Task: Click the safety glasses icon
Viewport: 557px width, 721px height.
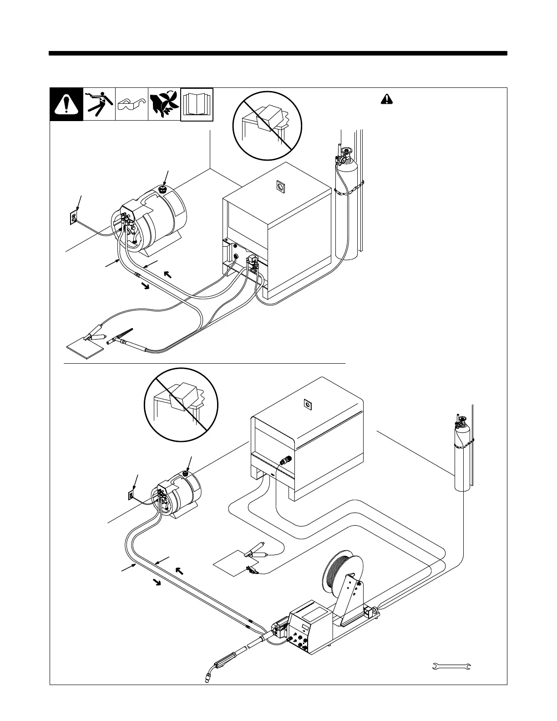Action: pyautogui.click(x=132, y=105)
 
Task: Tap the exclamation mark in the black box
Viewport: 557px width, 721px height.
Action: pyautogui.click(x=66, y=105)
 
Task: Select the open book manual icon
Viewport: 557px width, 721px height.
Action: pyautogui.click(x=197, y=105)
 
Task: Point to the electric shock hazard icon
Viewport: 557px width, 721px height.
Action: pyautogui.click(x=99, y=104)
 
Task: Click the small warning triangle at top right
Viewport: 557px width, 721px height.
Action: pyautogui.click(x=385, y=99)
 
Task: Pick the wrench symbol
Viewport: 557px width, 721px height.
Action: pyautogui.click(x=451, y=666)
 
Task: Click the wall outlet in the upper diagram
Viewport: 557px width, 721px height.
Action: pyautogui.click(x=73, y=218)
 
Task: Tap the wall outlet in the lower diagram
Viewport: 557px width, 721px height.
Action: pyautogui.click(x=131, y=494)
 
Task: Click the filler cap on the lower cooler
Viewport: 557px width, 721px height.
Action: pyautogui.click(x=186, y=474)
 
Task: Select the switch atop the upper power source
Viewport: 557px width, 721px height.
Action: pyautogui.click(x=279, y=186)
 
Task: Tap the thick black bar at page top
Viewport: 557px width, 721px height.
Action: pyautogui.click(x=278, y=53)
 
